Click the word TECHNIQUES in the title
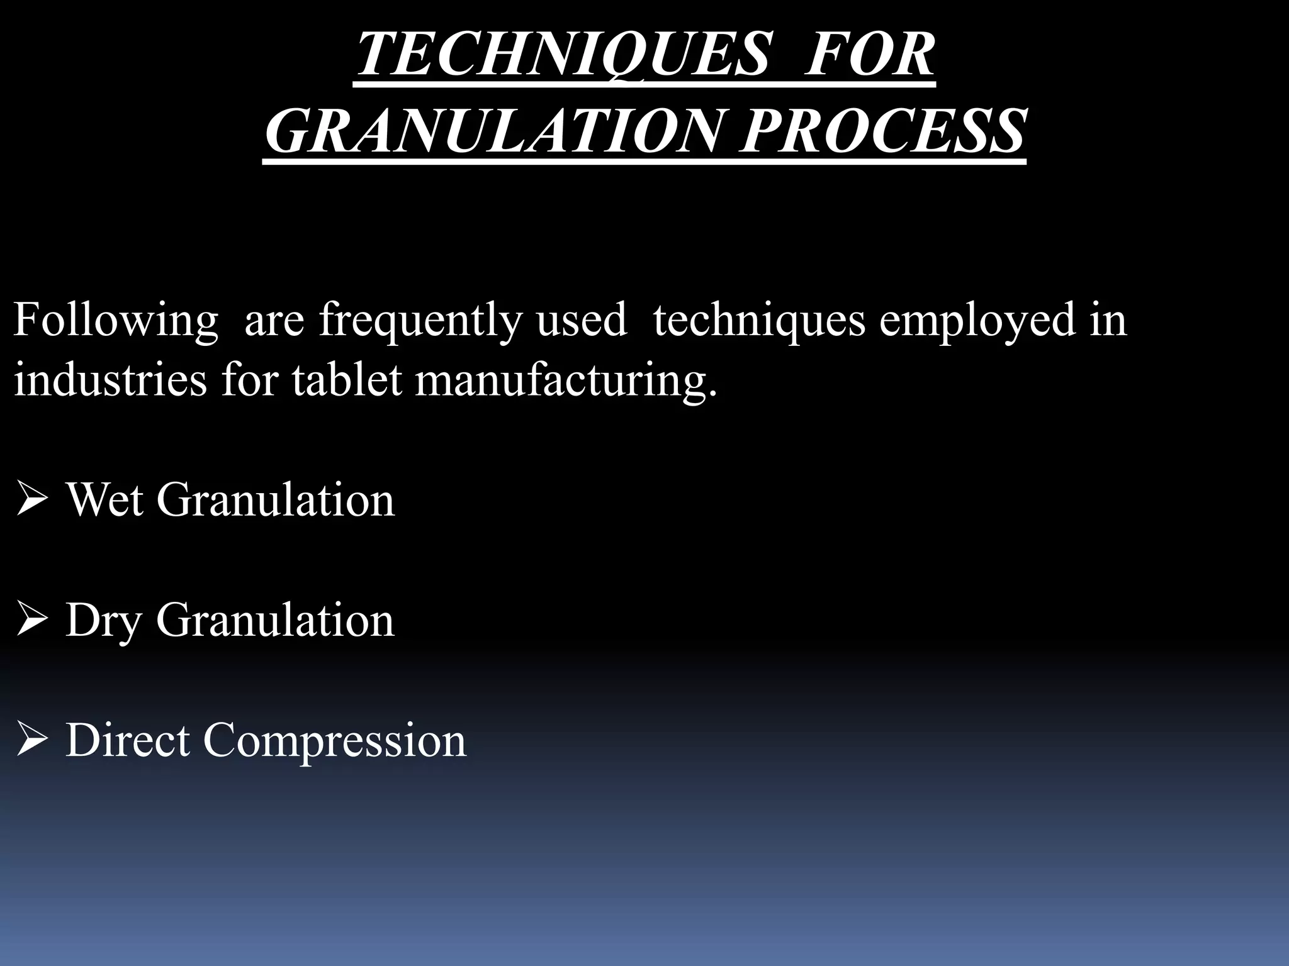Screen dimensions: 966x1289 (x=563, y=55)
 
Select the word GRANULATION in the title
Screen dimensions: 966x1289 (x=491, y=132)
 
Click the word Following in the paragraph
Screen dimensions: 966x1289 (x=115, y=321)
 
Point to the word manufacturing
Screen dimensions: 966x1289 (x=565, y=381)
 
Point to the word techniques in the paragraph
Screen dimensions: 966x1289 (x=759, y=321)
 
